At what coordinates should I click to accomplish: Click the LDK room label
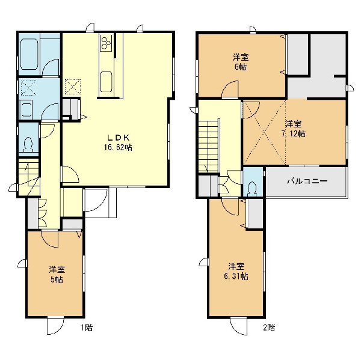point(119,138)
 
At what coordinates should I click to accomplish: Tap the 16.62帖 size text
point(118,147)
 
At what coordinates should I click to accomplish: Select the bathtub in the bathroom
point(29,54)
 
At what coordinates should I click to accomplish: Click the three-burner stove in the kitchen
point(106,43)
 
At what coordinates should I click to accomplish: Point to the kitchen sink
point(106,82)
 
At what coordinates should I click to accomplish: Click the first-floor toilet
point(28,144)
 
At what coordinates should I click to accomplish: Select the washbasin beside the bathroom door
point(27,109)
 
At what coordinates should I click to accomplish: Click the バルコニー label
point(307,182)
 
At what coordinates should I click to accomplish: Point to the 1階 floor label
point(87,328)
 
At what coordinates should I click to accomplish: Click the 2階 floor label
point(269,328)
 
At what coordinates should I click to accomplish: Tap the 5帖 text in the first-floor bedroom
point(57,279)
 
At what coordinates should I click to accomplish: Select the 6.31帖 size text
point(236,276)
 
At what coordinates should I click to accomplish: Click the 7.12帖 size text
point(294,133)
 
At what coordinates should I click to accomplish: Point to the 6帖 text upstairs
point(241,67)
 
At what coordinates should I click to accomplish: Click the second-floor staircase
point(209,146)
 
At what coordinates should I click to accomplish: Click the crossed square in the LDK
point(73,87)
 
